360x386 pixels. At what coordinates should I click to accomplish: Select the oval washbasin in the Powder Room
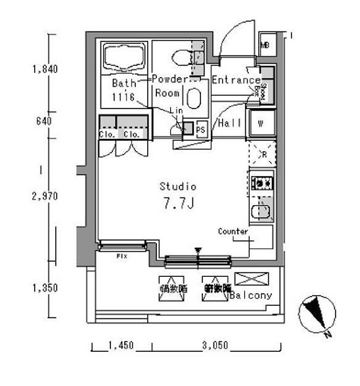(x=194, y=99)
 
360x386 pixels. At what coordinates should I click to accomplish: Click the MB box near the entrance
(x=265, y=45)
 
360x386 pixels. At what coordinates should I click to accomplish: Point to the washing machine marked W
(x=260, y=123)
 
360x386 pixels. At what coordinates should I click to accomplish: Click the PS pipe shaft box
(x=200, y=130)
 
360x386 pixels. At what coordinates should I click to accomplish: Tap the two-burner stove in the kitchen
(x=261, y=182)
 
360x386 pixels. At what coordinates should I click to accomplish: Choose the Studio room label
(x=179, y=186)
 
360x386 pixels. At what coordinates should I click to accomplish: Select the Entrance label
(x=235, y=80)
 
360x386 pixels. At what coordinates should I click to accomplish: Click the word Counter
(x=233, y=231)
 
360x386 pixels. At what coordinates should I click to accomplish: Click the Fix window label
(x=121, y=256)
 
